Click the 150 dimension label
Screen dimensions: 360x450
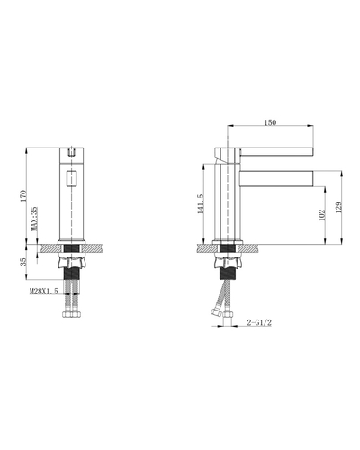tap(270, 122)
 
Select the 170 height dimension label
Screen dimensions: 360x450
tap(23, 196)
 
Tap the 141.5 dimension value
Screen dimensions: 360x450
tap(200, 204)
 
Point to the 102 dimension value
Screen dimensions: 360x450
tap(322, 215)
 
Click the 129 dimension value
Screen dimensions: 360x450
tap(338, 208)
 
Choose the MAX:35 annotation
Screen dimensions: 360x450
tap(35, 219)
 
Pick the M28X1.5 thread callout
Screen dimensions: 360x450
tap(44, 291)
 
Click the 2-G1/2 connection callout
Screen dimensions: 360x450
tap(259, 322)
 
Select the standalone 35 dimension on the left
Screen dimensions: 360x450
tap(23, 262)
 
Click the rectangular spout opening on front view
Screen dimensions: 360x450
tap(72, 179)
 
